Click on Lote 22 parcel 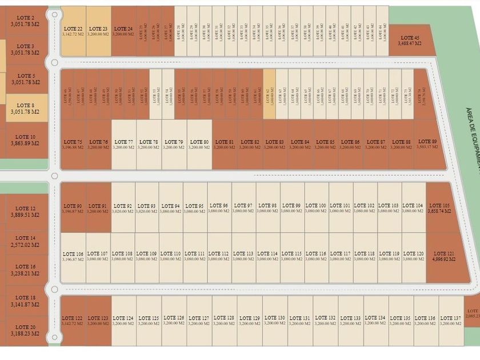point(73,31)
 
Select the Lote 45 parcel point(410,40)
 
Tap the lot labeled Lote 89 point(427,144)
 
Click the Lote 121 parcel point(443,256)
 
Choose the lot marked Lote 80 point(199,144)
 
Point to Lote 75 point(73,144)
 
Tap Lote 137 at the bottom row point(450,321)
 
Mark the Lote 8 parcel point(25,108)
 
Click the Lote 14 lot point(25,241)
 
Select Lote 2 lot point(25,21)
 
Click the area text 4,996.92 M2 point(443,259)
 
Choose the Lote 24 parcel point(123,31)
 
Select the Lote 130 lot point(275,321)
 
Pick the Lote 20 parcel point(25,330)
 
